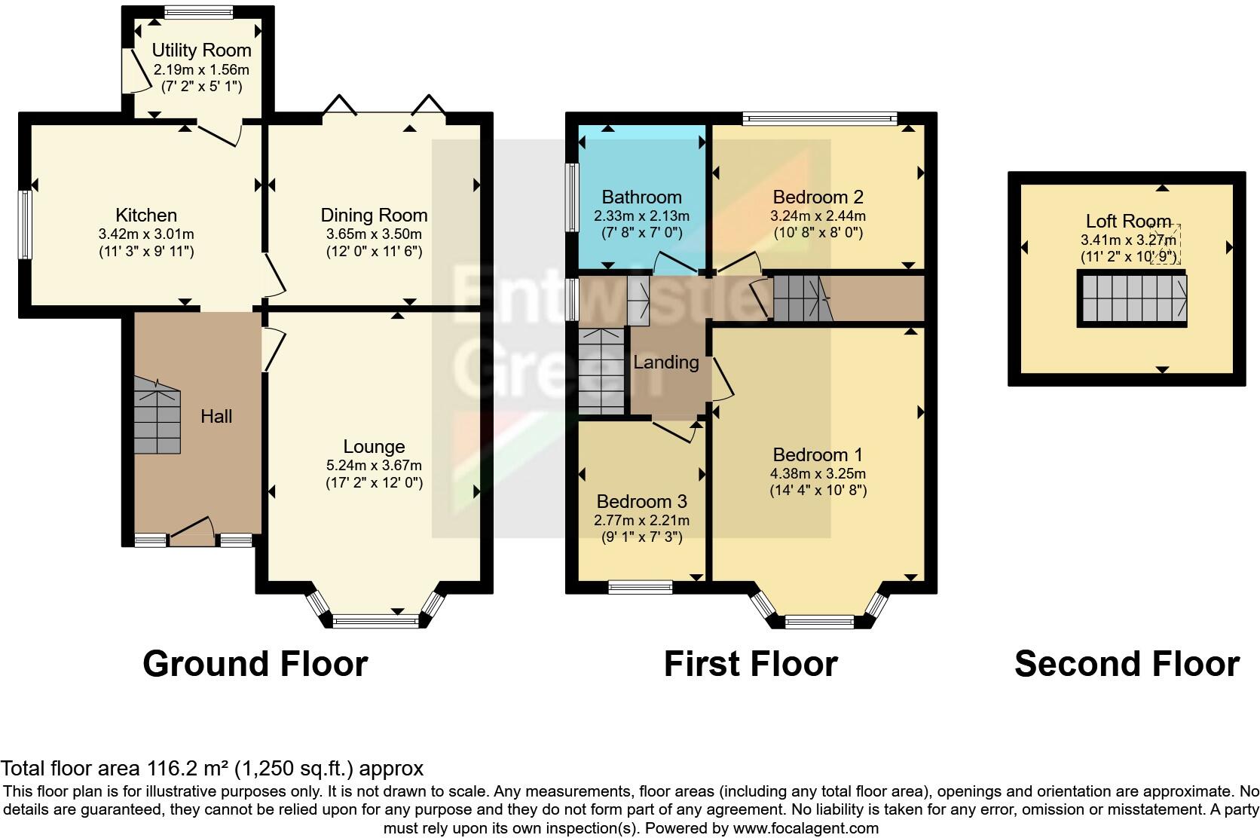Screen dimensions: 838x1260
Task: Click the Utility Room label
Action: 201,50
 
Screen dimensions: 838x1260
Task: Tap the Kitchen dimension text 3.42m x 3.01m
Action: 146,234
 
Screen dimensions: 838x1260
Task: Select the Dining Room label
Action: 374,216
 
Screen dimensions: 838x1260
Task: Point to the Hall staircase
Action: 157,416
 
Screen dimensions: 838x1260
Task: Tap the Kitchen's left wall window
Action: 25,225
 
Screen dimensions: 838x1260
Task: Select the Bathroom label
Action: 641,197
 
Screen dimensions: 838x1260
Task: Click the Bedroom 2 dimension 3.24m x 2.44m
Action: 818,216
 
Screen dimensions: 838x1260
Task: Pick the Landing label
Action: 665,362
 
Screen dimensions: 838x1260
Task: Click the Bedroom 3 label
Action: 641,502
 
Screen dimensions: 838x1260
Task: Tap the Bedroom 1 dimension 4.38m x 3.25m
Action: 818,474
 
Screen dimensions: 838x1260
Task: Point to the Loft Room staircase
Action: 1131,298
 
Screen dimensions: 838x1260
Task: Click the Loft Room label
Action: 1127,222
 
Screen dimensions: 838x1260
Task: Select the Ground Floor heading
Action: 255,664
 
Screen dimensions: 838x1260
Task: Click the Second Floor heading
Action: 1127,664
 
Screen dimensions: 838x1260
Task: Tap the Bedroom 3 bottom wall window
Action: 641,587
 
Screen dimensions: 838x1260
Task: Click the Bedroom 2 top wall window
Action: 819,118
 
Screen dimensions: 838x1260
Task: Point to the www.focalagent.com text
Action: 805,828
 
